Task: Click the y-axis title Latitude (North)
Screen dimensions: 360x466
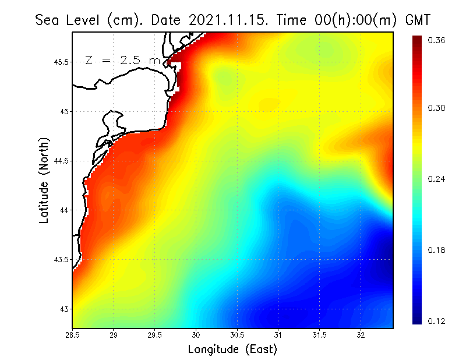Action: pyautogui.click(x=44, y=181)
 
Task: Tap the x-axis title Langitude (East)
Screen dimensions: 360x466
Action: pyautogui.click(x=232, y=350)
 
